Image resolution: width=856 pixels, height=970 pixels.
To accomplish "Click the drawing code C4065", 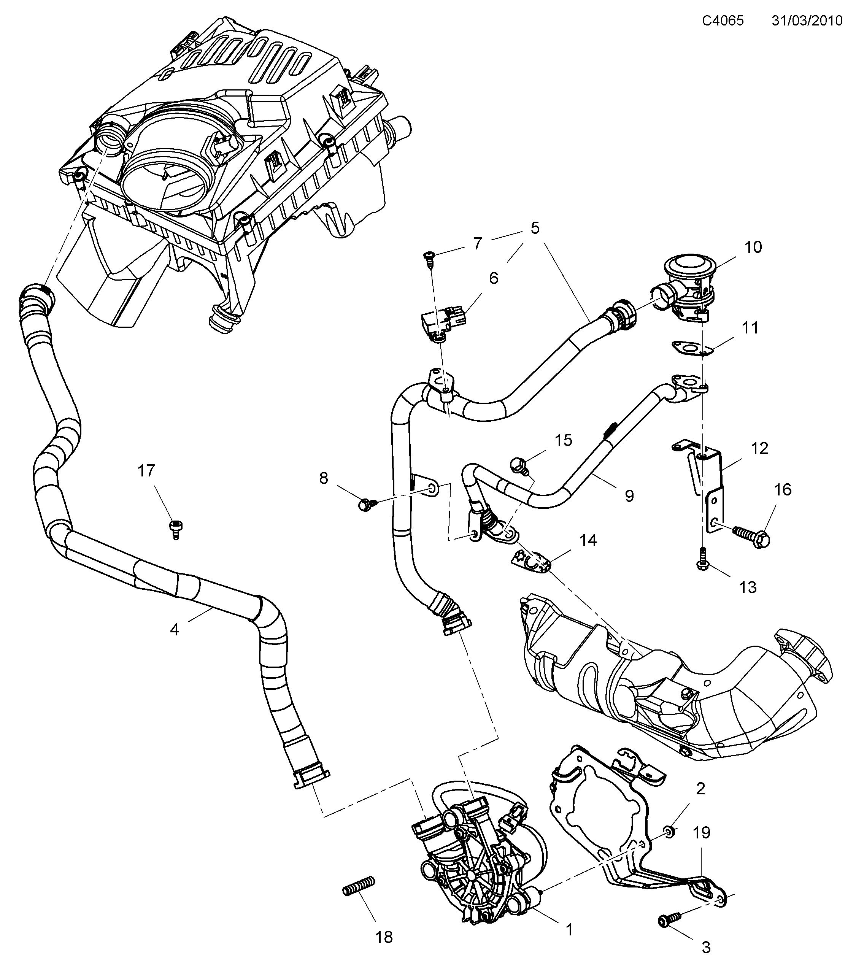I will click(723, 21).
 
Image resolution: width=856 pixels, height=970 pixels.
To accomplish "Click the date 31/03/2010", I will click(807, 21).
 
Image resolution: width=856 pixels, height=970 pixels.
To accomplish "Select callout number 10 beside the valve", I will click(753, 247).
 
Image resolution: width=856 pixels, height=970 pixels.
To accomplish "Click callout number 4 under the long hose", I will click(175, 630).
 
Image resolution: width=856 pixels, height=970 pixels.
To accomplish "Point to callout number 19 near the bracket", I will click(701, 832).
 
